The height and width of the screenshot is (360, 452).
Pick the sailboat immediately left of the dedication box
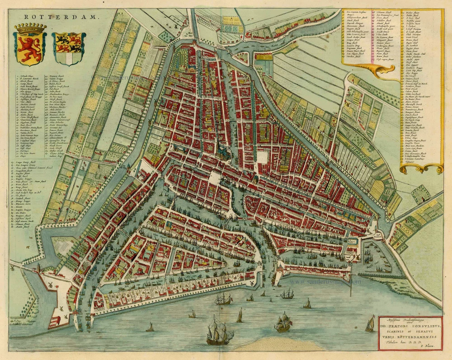coord(370,324)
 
